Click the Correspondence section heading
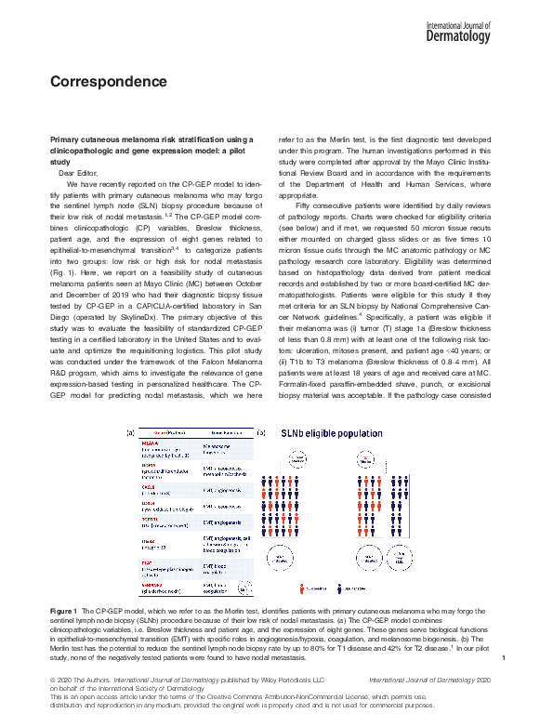click(x=108, y=81)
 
